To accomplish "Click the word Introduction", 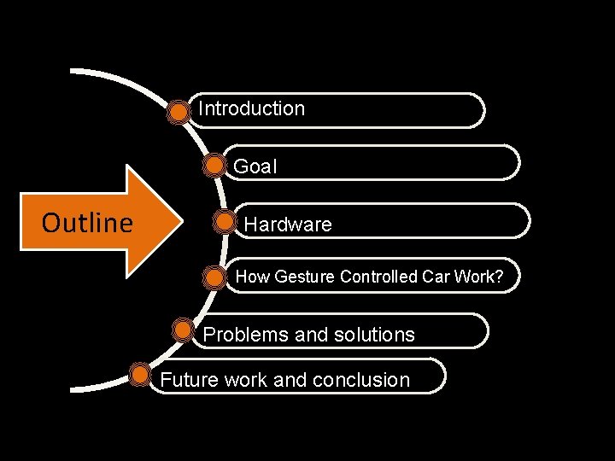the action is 251,109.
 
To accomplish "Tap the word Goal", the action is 255,166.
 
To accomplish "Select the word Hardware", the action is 288,225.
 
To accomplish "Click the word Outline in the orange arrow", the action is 87,224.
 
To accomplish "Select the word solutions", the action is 373,335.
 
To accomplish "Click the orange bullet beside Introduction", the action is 179,111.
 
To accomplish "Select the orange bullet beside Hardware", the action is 225,222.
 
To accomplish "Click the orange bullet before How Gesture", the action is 214,277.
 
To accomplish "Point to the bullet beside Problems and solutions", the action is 183,330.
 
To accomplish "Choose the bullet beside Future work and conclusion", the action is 139,374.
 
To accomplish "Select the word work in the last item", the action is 246,380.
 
